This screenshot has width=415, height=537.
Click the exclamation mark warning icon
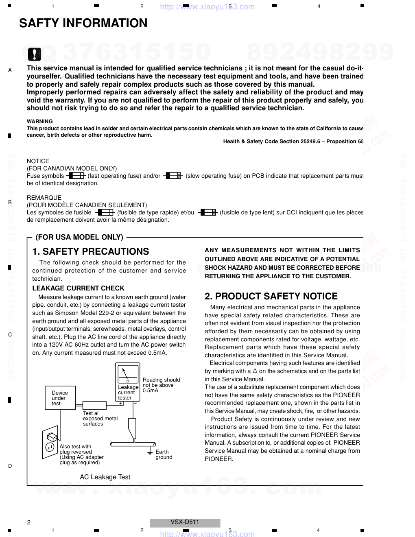pyautogui.click(x=35, y=54)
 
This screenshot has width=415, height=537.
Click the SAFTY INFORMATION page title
pyautogui.click(x=83, y=23)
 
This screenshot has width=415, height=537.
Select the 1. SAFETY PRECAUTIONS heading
pyautogui.click(x=91, y=251)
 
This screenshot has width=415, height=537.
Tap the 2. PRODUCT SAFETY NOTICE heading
pyautogui.click(x=271, y=296)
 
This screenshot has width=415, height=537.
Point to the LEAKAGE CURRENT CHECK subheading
pyautogui.click(x=79, y=288)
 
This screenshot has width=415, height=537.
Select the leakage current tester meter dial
pyautogui.click(x=127, y=373)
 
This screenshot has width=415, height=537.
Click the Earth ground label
pyautogui.click(x=164, y=454)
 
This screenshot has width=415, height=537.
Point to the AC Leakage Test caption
pyautogui.click(x=105, y=477)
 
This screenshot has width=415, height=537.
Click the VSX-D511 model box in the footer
pyautogui.click(x=185, y=522)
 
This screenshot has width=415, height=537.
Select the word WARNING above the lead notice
pyautogui.click(x=40, y=121)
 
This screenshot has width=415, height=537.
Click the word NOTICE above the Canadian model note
pyautogui.click(x=38, y=161)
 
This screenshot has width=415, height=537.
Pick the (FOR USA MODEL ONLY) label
pyautogui.click(x=79, y=237)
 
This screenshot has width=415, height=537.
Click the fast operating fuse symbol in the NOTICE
pyautogui.click(x=76, y=176)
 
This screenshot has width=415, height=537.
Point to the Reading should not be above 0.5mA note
pyautogui.click(x=161, y=385)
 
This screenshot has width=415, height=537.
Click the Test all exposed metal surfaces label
pyautogui.click(x=100, y=418)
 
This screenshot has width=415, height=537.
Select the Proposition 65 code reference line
pyautogui.click(x=293, y=142)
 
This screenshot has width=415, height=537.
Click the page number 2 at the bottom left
pyautogui.click(x=28, y=522)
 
